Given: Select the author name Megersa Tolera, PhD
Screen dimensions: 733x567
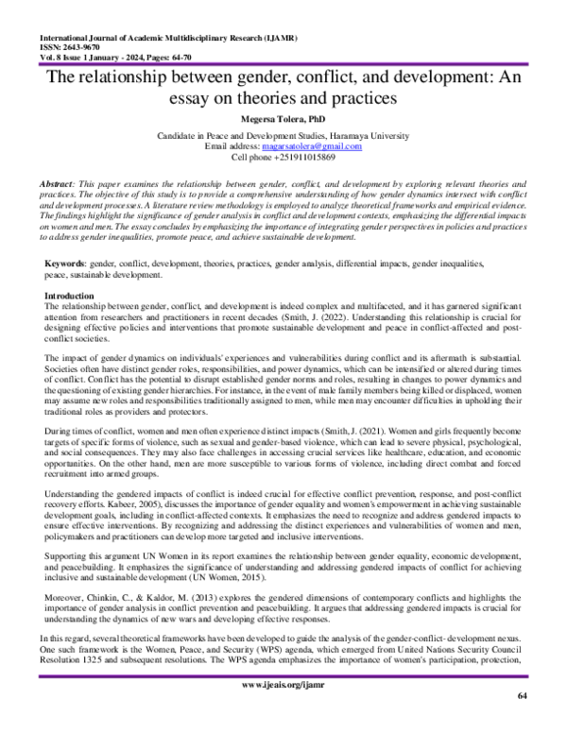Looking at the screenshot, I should click(283, 121).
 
